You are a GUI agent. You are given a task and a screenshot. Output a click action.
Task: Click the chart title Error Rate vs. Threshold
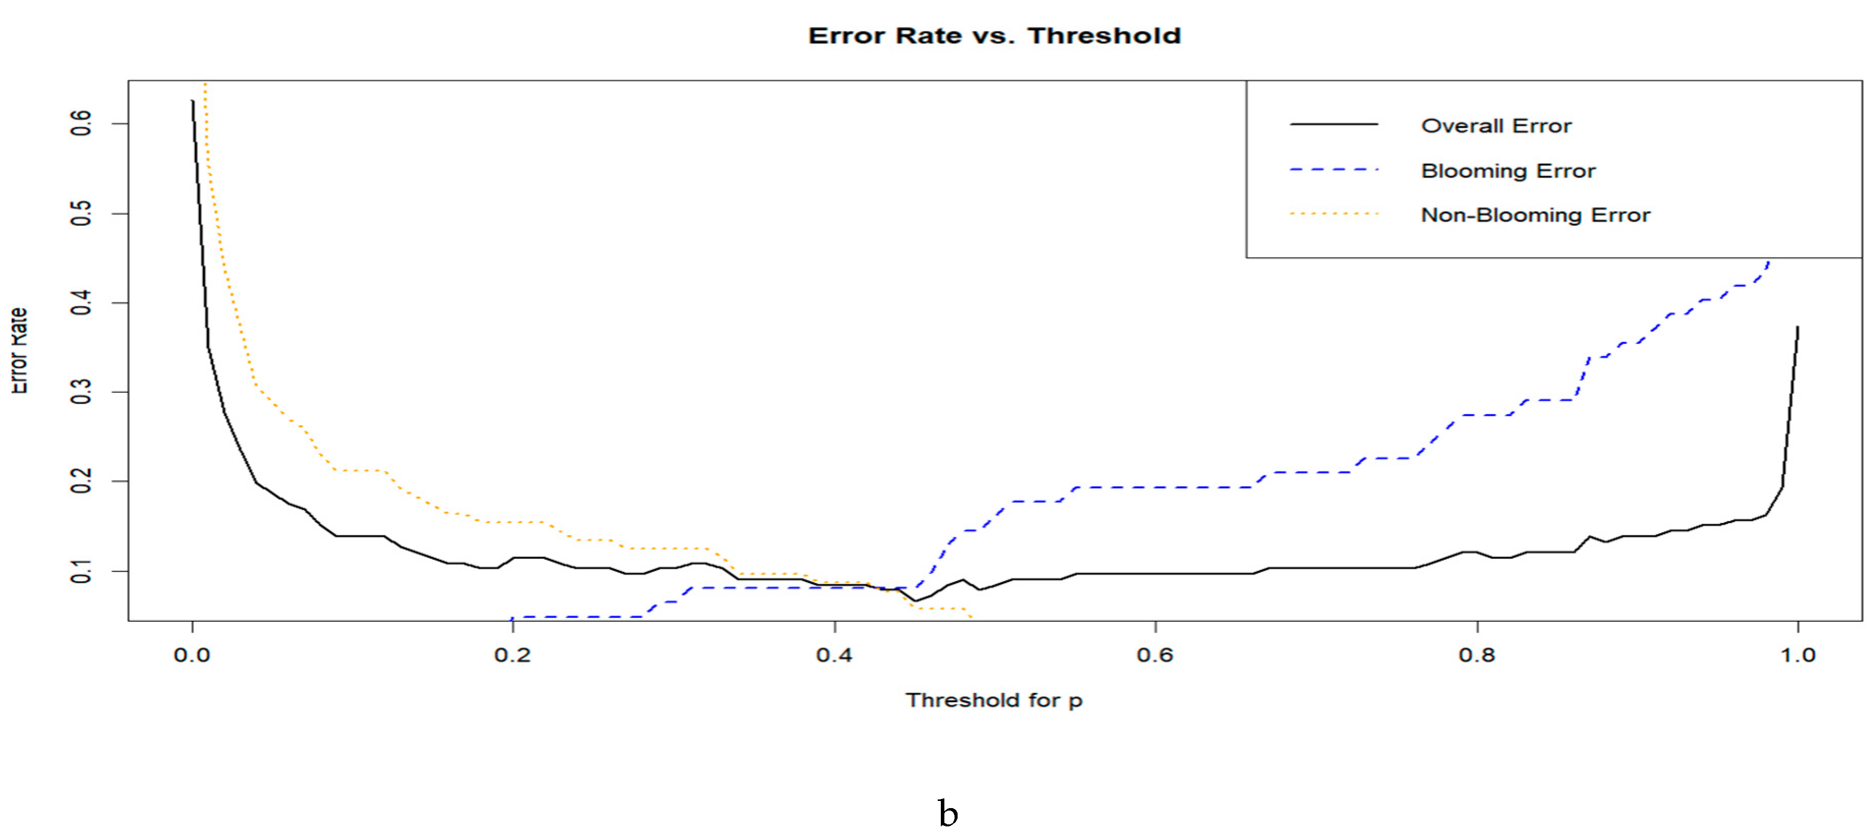click(994, 36)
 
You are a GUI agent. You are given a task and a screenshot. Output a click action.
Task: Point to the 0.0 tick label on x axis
click(192, 655)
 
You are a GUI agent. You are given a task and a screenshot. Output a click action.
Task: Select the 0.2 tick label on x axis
click(513, 655)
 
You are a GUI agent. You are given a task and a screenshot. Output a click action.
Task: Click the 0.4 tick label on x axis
click(834, 655)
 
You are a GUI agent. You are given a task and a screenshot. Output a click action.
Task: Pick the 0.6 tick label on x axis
click(1155, 655)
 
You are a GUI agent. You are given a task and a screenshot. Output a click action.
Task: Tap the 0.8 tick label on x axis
click(1477, 655)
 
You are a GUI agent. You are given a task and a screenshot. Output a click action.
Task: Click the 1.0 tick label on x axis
click(1798, 655)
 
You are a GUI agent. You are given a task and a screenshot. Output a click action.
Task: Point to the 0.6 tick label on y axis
click(81, 123)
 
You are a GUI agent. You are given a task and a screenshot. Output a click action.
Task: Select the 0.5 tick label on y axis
click(81, 213)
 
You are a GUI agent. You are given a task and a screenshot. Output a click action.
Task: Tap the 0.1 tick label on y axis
click(81, 571)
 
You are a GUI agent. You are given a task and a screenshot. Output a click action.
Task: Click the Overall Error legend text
click(1496, 126)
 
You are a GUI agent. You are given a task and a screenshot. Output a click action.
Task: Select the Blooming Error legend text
click(1508, 171)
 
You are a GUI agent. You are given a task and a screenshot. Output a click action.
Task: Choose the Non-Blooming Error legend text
click(1535, 215)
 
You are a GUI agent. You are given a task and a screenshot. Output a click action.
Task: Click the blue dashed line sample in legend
click(1334, 169)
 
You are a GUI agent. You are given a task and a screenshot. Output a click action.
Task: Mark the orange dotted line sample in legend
click(1334, 214)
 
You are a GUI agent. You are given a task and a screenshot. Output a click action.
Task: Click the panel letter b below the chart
click(947, 813)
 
